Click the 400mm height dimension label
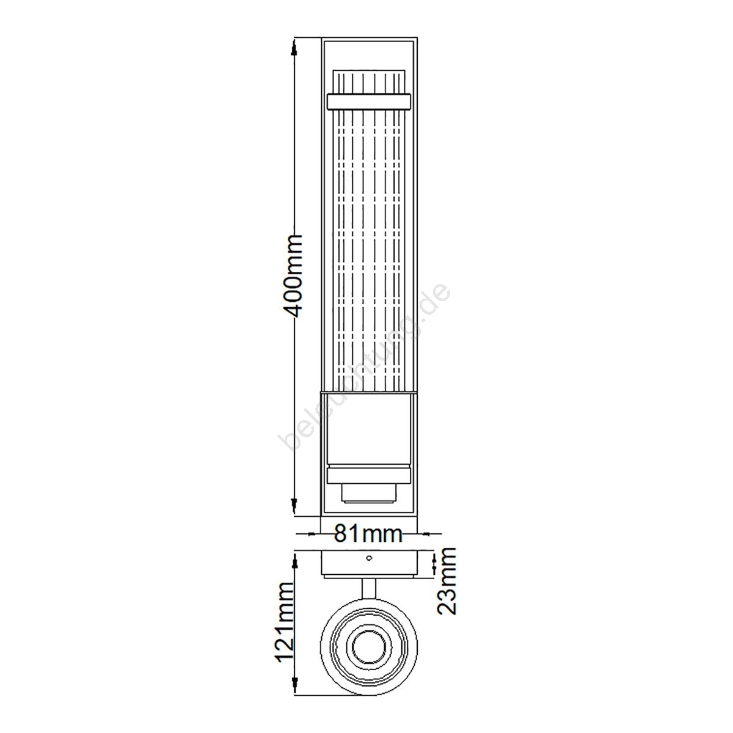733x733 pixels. coord(293,277)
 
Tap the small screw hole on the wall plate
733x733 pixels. coord(368,558)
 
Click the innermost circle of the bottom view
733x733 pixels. coord(368,646)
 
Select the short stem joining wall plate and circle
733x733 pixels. coord(368,591)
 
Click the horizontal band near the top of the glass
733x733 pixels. coord(368,101)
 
